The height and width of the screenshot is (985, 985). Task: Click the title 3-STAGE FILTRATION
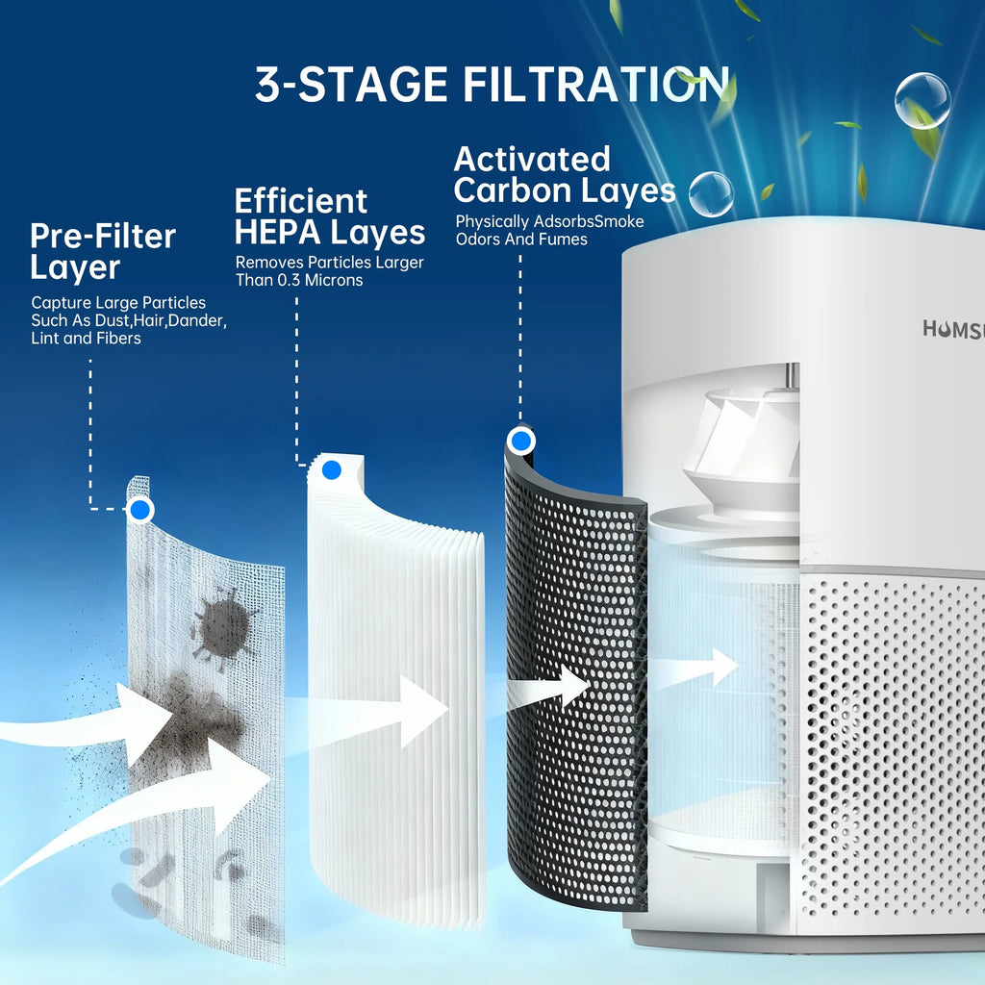coord(491,85)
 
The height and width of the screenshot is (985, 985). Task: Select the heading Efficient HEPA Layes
coord(329,216)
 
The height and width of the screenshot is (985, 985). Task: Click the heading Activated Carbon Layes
coord(564,174)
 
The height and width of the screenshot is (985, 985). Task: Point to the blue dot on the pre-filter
coord(141,510)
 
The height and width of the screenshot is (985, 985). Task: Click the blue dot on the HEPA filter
coord(332,470)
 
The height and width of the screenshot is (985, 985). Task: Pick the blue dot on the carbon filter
coord(521,442)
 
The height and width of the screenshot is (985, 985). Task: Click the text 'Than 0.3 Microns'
coord(299,280)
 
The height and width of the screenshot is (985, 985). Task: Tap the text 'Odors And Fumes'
coord(521,239)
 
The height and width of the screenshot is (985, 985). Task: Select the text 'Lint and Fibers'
coord(86,338)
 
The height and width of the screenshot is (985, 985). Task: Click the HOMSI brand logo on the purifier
coord(952,329)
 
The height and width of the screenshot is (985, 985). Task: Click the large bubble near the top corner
coord(922,100)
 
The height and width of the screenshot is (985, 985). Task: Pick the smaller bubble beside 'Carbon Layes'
coord(711,194)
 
